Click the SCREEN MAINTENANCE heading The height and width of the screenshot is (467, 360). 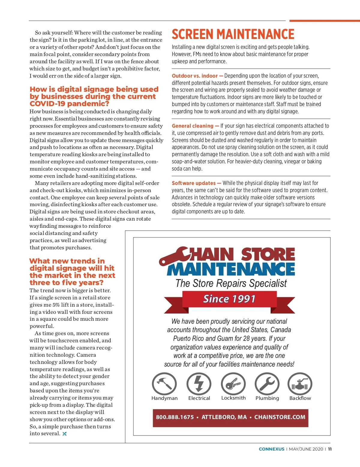click(233, 34)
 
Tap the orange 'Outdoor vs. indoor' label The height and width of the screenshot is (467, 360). click(195, 76)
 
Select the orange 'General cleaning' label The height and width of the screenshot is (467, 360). click(193, 126)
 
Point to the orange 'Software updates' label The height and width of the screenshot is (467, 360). click(194, 183)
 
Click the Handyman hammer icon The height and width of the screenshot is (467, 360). click(164, 384)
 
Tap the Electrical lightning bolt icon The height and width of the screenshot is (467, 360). click(199, 384)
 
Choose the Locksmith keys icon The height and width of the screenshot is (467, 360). click(233, 384)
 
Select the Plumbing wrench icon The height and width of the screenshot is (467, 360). click(267, 384)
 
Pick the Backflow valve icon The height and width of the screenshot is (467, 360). click(300, 384)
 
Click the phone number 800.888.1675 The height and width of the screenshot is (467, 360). click(175, 417)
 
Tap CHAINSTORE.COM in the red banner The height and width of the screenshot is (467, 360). click(280, 417)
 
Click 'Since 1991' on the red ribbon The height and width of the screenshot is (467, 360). click(229, 299)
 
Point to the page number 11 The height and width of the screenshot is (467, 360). click(330, 449)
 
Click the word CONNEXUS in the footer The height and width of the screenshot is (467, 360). click(271, 449)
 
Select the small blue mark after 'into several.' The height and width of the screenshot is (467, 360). click(64, 434)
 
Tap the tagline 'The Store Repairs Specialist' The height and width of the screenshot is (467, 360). click(231, 283)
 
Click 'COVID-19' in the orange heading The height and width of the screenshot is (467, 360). click(48, 104)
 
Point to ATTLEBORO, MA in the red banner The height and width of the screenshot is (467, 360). click(224, 417)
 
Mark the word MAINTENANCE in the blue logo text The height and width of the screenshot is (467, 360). click(231, 269)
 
